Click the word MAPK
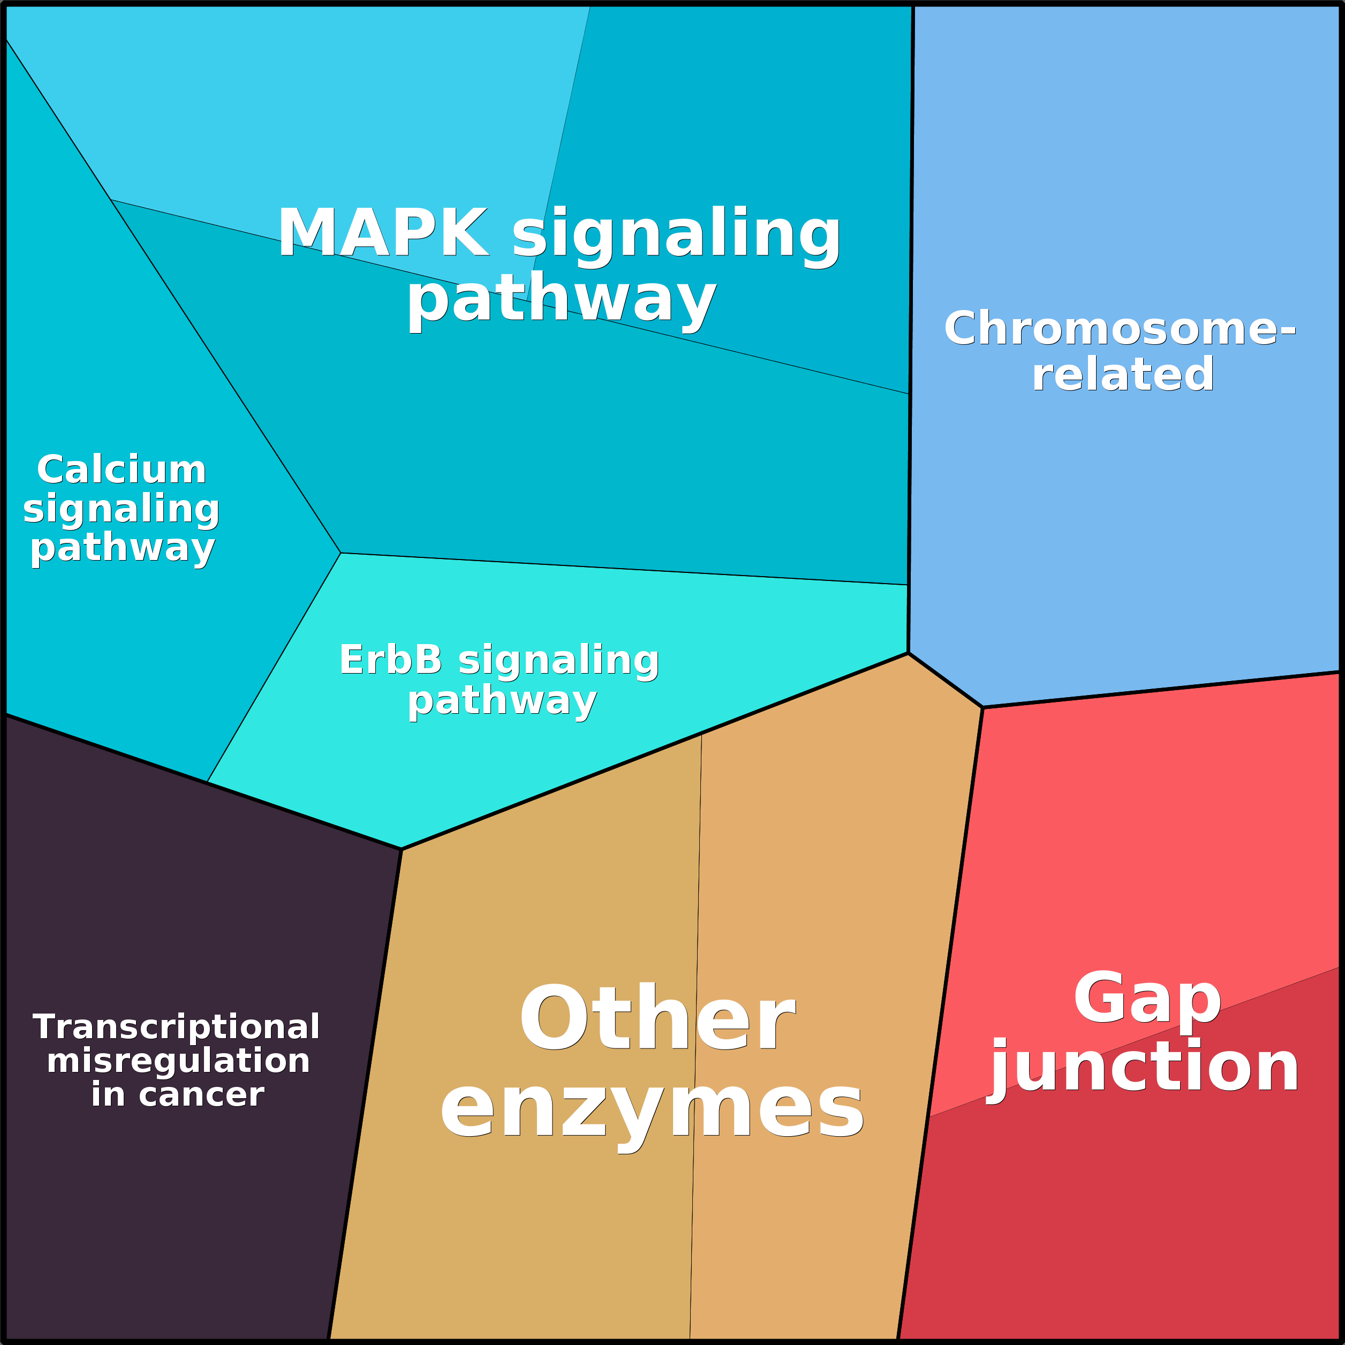pos(383,233)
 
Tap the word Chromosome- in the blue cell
pos(1120,329)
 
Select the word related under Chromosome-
pos(1123,375)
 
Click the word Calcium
pos(122,470)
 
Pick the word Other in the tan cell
pos(656,1018)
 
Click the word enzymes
pos(652,1108)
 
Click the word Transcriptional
pos(176,1027)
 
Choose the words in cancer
pos(178,1094)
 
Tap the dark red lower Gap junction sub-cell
pos(1148,1218)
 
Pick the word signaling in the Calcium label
pos(122,508)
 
